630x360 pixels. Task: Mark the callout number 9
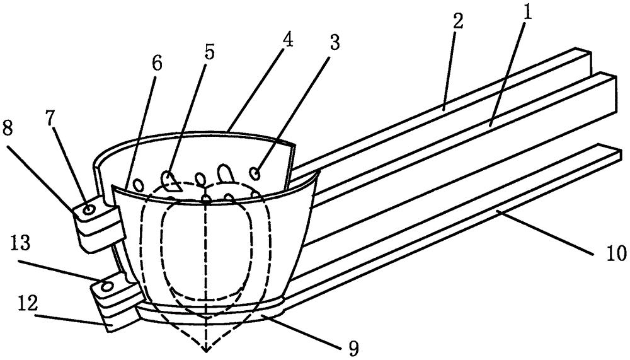coord(352,347)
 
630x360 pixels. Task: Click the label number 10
coord(616,253)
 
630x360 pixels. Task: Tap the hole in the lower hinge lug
coord(107,286)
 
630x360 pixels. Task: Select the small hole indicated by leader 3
coord(255,174)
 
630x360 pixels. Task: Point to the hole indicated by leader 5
coord(169,180)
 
